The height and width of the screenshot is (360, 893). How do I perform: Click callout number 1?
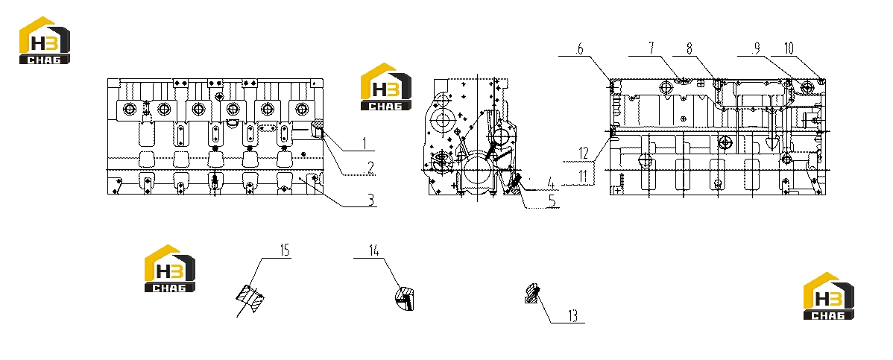(x=365, y=143)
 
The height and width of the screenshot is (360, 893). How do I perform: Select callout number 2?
(x=370, y=168)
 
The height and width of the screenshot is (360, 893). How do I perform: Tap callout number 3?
(x=370, y=200)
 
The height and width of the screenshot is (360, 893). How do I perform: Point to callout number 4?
(x=551, y=183)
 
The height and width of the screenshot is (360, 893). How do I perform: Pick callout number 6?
(x=580, y=49)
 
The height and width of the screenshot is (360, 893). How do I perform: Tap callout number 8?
(x=689, y=49)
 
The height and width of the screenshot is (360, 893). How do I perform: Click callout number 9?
(x=756, y=49)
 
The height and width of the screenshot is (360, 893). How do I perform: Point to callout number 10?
(x=789, y=49)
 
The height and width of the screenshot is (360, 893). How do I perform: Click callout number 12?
(x=583, y=154)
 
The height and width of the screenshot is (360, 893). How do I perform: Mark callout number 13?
(x=573, y=315)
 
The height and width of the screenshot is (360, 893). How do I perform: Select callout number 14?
(x=373, y=250)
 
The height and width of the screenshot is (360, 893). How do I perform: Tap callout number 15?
(x=284, y=250)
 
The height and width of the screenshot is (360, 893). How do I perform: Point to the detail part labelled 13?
(x=532, y=293)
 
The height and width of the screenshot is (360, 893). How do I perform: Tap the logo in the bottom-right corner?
(x=829, y=296)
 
